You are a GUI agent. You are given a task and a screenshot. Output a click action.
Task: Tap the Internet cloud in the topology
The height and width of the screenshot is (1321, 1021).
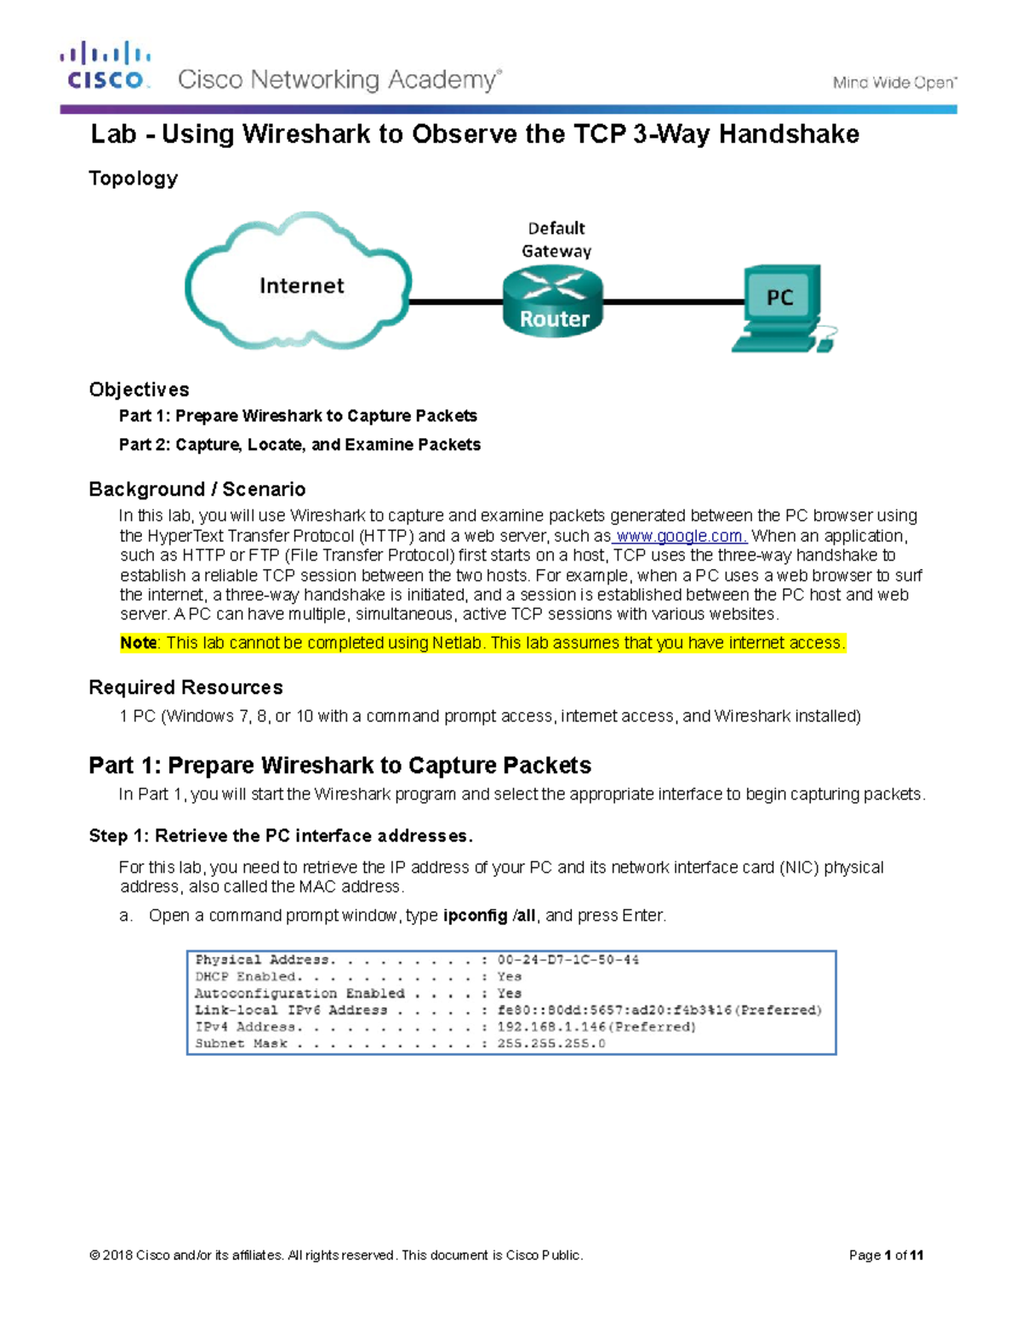click(300, 283)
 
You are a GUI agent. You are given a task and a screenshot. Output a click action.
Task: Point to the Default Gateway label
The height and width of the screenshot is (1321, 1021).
click(556, 239)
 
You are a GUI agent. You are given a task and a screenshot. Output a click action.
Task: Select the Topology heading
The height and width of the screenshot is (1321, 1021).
click(134, 178)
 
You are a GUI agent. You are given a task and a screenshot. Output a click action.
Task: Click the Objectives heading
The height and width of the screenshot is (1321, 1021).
click(139, 390)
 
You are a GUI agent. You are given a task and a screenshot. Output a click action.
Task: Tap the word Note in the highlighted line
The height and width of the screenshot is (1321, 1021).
click(138, 643)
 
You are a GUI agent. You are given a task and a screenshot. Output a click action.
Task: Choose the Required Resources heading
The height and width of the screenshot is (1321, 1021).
click(185, 687)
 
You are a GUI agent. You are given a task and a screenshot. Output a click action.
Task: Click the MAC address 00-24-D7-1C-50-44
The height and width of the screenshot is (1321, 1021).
click(568, 959)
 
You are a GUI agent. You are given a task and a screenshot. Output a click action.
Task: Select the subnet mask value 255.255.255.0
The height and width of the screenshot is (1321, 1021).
click(551, 1044)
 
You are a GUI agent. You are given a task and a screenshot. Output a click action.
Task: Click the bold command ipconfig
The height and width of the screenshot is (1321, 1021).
click(475, 915)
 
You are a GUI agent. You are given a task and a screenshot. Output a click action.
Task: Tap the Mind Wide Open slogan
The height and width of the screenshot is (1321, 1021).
click(894, 83)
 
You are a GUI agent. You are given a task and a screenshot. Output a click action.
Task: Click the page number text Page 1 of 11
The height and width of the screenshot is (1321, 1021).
click(886, 1255)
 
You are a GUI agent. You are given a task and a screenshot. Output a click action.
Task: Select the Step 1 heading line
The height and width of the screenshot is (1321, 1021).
click(281, 836)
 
